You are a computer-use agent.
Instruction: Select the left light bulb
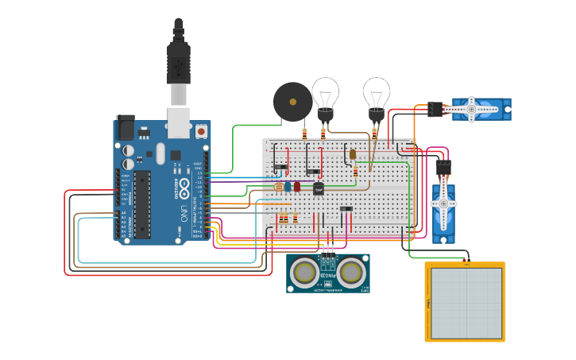325,95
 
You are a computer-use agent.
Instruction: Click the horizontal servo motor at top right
481,109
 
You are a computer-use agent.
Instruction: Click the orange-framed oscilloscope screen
465,303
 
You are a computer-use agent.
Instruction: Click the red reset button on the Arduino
201,130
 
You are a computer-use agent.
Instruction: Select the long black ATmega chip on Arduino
141,203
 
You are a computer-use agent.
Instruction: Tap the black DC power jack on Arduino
126,128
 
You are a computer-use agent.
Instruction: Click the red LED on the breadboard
297,187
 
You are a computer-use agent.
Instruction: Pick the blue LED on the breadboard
288,187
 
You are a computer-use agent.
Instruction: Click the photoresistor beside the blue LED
278,187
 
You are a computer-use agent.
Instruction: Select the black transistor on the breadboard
319,188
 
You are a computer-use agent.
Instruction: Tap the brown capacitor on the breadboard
353,154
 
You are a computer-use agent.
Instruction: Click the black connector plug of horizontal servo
435,109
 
